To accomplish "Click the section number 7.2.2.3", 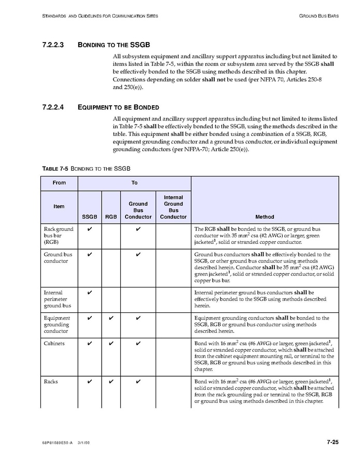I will pos(52,45).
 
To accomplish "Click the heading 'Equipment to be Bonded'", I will pos(118,107).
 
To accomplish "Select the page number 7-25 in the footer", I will pos(333,442).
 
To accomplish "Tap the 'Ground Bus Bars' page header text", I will pos(319,16).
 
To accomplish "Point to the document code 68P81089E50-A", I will pos(58,443).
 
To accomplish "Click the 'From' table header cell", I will pos(59,183).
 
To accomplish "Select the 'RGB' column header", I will pos(111,216).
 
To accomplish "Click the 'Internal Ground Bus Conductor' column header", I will pos(173,207).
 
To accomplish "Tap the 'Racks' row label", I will pos(51,382).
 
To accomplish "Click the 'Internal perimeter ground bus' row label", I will pos(57,299).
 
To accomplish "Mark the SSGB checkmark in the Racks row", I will pos(90,382).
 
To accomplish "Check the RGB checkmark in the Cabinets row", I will pos(111,344).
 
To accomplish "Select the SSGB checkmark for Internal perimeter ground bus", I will pos(90,293).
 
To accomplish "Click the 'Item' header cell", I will pos(59,207).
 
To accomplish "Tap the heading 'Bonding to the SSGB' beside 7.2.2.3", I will pos(114,45).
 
